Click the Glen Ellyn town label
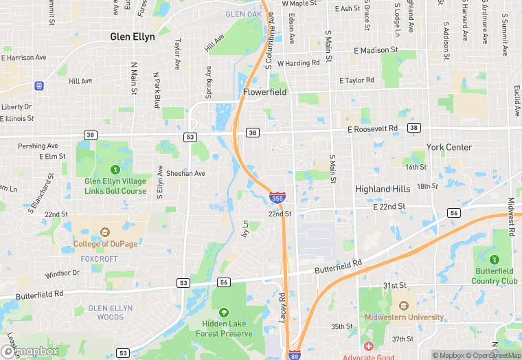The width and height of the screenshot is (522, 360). [x=133, y=37]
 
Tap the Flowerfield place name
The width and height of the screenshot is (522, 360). [x=264, y=91]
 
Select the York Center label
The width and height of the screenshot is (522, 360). [x=449, y=147]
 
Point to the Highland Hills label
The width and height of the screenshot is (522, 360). [x=383, y=189]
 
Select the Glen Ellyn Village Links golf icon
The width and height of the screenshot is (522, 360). [x=115, y=169]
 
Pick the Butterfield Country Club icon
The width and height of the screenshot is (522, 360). [x=495, y=259]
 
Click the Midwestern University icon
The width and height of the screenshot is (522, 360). [x=402, y=305]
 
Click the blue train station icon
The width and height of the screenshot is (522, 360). [x=39, y=86]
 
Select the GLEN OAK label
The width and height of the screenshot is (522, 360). [x=244, y=14]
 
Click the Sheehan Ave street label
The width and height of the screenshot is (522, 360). [x=185, y=174]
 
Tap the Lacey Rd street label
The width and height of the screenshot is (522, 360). [x=282, y=306]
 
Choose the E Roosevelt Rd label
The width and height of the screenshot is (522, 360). [x=372, y=128]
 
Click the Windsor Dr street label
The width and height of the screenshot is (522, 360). [x=63, y=273]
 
